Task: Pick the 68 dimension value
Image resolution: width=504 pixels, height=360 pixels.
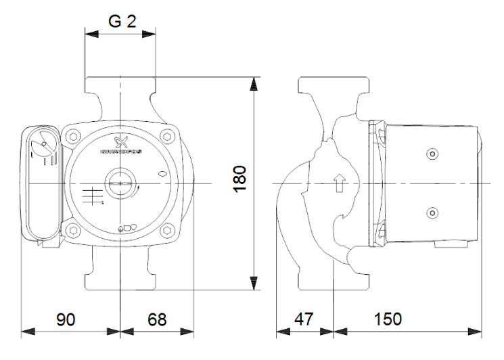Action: [x=157, y=319]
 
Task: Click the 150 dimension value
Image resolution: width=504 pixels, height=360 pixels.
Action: [x=388, y=319]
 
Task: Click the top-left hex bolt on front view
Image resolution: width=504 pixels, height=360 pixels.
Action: [x=72, y=138]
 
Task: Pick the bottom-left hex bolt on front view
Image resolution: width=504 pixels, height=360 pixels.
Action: [x=72, y=231]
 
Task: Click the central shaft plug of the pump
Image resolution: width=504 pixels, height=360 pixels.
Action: [x=120, y=184]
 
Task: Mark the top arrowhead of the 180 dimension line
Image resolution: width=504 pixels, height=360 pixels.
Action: [x=254, y=82]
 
